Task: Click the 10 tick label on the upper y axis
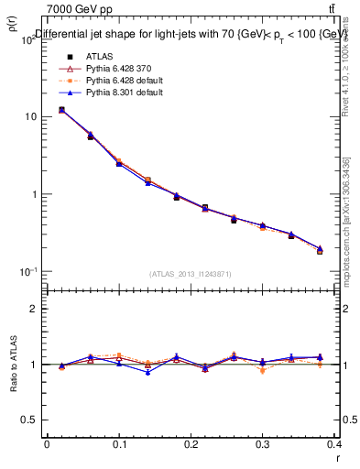click(x=30, y=117)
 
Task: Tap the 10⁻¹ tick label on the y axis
click(x=28, y=271)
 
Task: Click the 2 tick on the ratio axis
click(x=33, y=309)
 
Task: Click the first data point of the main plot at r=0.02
click(x=61, y=110)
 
